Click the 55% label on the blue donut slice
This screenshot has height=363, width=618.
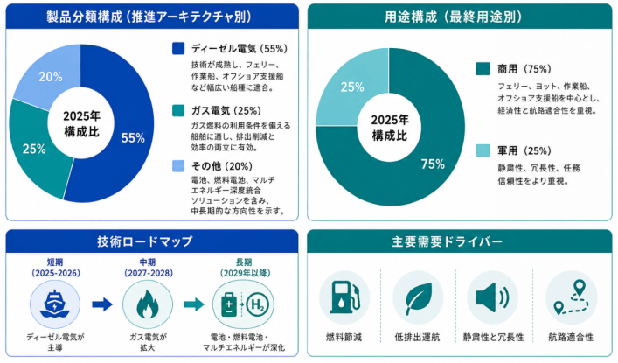pos(133,137)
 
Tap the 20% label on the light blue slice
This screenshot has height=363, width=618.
pos(51,77)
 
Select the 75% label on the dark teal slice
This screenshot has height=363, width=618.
pos(433,164)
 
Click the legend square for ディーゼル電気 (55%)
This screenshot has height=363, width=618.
pos(178,48)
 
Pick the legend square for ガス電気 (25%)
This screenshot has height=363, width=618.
pos(178,110)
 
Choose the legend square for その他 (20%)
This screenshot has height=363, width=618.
pos(178,165)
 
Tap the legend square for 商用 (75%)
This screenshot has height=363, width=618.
pos(483,68)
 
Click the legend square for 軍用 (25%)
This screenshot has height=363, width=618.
pos(483,150)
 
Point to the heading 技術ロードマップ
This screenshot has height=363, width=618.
pos(145,241)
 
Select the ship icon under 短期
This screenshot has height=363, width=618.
pos(55,304)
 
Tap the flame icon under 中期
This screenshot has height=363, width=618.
pos(148,304)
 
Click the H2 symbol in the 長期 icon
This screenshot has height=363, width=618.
pos(257,304)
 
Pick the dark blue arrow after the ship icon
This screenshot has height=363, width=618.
pos(102,304)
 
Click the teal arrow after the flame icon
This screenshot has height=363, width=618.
pos(194,304)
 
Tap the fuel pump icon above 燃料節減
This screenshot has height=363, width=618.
pos(345,297)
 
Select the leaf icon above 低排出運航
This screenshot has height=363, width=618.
pos(418,298)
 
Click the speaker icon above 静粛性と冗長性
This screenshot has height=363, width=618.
pos(492,297)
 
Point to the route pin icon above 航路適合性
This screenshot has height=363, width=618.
pos(571,297)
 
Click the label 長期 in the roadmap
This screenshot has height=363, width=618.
pos(244,262)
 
